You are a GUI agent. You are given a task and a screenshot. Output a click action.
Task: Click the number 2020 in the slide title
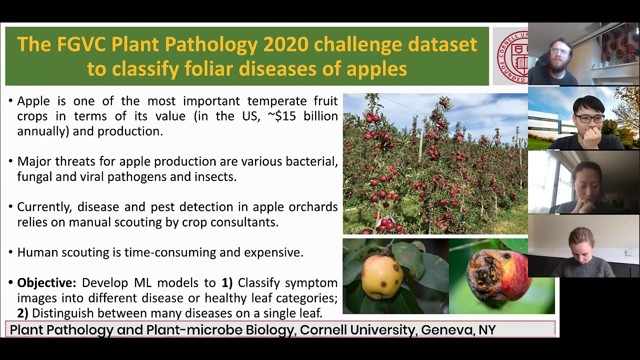click(x=285, y=44)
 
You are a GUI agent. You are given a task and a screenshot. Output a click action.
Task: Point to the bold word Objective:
click(x=46, y=282)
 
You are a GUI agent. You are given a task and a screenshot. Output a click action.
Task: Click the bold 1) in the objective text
click(x=227, y=282)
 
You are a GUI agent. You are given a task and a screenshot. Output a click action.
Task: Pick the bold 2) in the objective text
click(x=22, y=313)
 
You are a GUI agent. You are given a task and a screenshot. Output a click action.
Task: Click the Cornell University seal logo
click(x=511, y=56)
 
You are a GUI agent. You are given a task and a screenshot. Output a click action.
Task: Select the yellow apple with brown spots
click(x=383, y=275)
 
